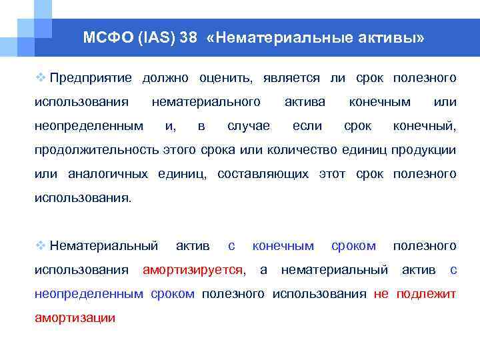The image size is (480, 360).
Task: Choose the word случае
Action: click(x=249, y=126)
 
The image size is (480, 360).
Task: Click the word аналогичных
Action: click(x=108, y=174)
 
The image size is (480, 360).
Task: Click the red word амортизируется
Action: click(x=193, y=270)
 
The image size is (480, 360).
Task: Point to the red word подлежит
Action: click(x=426, y=294)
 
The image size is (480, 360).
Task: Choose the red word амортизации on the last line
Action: click(x=75, y=318)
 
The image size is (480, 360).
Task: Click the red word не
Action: click(x=381, y=294)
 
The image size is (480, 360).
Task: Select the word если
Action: click(x=307, y=126)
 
